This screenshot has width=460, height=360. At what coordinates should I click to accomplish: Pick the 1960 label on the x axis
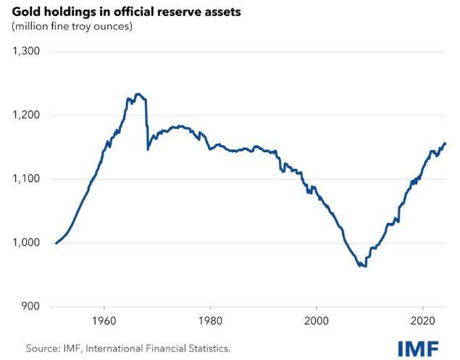click(x=104, y=320)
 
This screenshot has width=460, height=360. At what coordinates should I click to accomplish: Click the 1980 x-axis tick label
click(x=210, y=320)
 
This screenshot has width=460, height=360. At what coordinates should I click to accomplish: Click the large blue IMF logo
click(x=418, y=348)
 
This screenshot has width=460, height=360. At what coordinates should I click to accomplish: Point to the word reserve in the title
click(x=162, y=12)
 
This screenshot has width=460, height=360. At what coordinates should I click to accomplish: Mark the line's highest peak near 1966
click(x=138, y=93)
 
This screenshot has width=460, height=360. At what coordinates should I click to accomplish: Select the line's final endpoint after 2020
click(x=445, y=143)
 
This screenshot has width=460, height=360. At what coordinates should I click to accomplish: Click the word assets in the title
click(x=205, y=12)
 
